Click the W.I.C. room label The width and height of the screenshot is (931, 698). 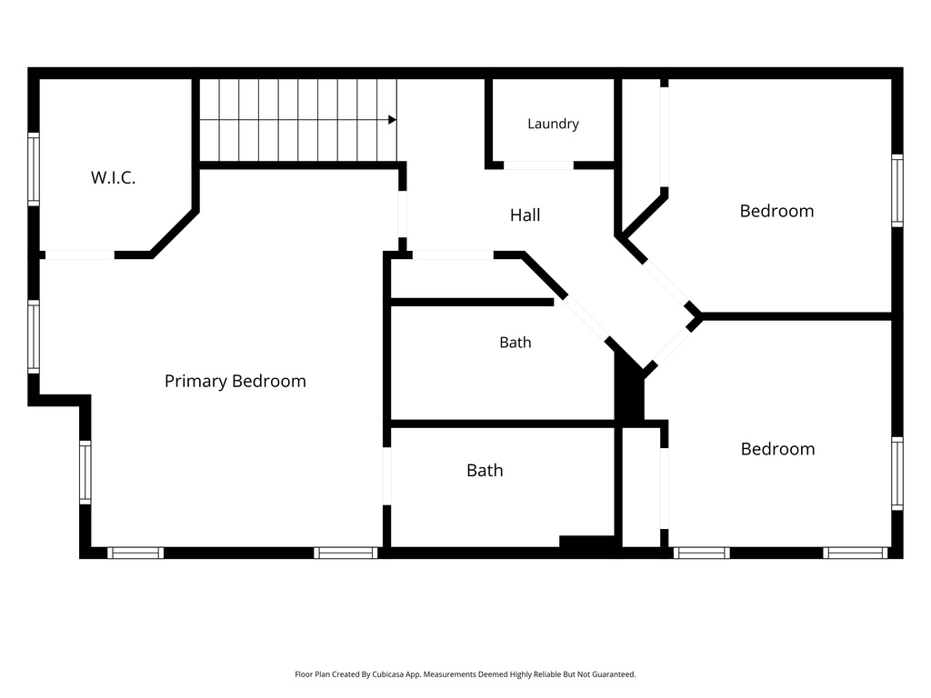point(113,177)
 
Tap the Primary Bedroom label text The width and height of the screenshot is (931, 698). point(235,381)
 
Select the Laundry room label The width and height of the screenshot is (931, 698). point(554,124)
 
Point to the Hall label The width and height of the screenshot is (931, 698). point(525,214)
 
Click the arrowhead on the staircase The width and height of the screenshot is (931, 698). point(393,120)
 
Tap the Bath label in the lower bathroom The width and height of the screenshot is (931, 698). point(485,471)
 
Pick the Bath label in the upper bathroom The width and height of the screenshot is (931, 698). point(516,343)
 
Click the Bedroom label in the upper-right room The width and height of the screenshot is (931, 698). point(776,211)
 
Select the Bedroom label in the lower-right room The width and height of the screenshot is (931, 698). point(778,449)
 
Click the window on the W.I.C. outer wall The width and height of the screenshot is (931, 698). point(34,169)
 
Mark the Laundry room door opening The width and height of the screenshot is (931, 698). point(538,165)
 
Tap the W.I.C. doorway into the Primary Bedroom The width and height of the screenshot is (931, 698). point(80,255)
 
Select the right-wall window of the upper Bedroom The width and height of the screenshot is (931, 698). point(897,191)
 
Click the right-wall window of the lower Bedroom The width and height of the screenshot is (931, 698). point(897,474)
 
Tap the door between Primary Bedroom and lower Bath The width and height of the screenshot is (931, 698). point(387,476)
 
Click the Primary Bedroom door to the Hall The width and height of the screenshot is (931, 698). point(403,214)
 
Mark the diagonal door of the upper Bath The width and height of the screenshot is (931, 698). point(586,317)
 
